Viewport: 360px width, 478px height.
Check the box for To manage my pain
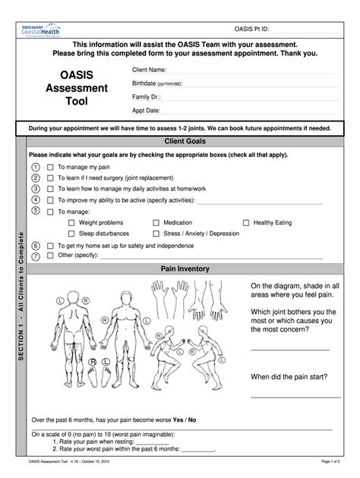pyautogui.click(x=51, y=166)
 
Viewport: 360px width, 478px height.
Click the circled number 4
pyautogui.click(x=36, y=199)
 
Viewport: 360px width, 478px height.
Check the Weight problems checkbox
pyautogui.click(x=71, y=223)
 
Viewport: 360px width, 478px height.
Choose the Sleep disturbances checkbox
pyautogui.click(x=71, y=234)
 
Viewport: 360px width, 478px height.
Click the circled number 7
pyautogui.click(x=36, y=256)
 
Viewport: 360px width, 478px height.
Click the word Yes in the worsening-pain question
pyautogui.click(x=179, y=419)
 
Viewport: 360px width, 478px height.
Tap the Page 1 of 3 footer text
pyautogui.click(x=335, y=461)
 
